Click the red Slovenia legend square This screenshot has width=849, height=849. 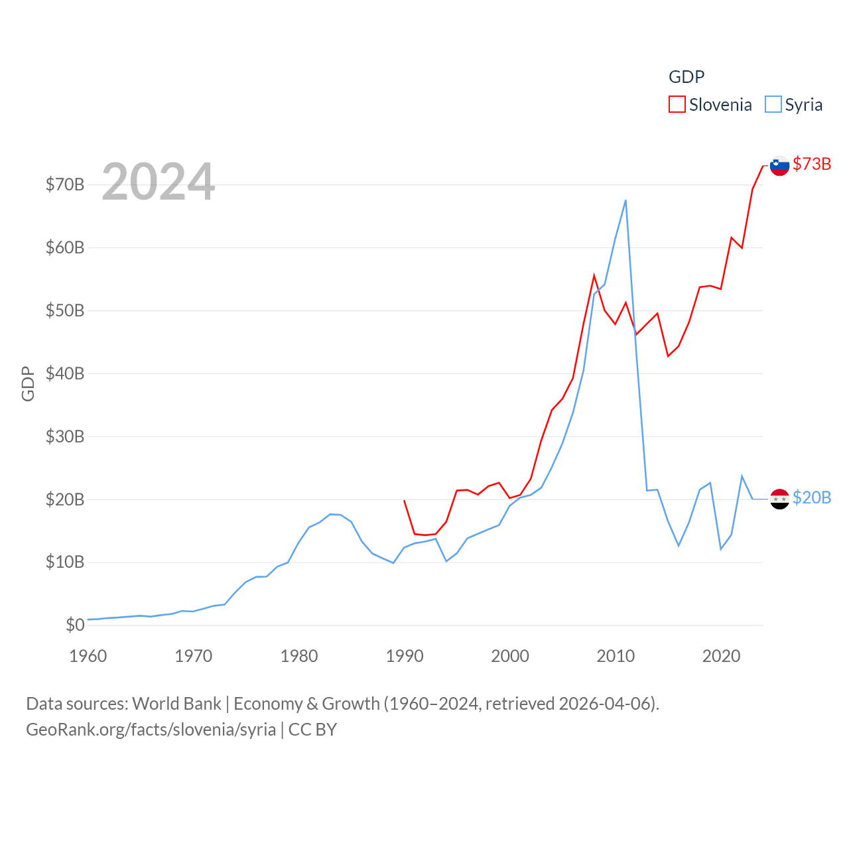[677, 105]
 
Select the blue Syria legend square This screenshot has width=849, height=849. [773, 105]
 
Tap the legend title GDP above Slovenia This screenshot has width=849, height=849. [686, 77]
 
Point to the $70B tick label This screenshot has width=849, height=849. [65, 184]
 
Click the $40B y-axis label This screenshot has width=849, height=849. [65, 373]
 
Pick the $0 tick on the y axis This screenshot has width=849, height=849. [75, 625]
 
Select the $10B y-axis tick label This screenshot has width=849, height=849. [65, 562]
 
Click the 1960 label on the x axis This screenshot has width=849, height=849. [88, 657]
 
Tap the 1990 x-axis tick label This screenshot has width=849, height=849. [405, 657]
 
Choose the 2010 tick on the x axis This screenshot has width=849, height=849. [616, 657]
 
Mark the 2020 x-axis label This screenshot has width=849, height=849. [721, 657]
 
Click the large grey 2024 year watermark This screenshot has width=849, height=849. [158, 182]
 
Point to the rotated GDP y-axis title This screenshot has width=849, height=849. [28, 383]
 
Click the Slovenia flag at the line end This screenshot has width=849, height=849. [779, 165]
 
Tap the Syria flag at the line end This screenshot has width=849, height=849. [779, 499]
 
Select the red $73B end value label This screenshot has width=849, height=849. [812, 164]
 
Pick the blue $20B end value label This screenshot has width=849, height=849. [812, 497]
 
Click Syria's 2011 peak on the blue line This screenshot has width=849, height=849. [625, 200]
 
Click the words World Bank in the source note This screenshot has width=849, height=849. [176, 704]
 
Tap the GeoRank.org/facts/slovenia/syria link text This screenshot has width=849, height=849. [151, 730]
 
